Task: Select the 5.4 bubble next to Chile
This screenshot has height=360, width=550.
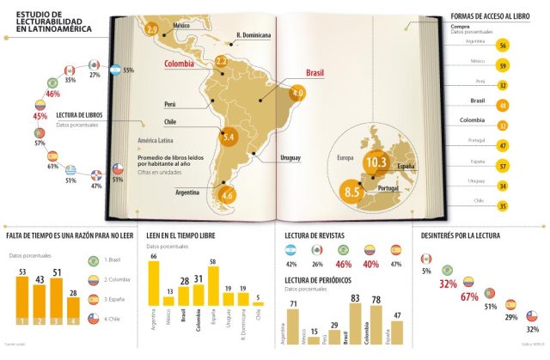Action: pos(229,136)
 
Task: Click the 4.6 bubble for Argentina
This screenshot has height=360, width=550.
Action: pos(227,195)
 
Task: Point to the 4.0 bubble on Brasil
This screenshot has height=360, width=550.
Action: pos(298,93)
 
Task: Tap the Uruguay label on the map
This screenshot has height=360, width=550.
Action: pos(290,159)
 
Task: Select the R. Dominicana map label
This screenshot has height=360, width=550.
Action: pos(254,36)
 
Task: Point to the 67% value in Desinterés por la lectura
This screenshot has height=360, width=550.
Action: pos(469,297)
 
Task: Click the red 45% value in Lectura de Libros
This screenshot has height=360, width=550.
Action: pos(40,115)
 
